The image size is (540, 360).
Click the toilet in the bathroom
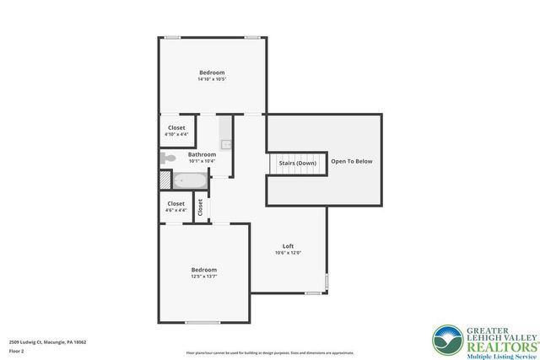(167, 158)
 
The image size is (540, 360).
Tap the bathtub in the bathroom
(190, 180)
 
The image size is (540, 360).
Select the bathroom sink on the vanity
(226, 143)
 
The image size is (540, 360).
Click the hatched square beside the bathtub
(165, 180)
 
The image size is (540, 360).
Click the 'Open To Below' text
(351, 161)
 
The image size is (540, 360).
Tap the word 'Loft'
(288, 246)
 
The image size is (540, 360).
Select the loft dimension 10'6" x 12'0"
(288, 253)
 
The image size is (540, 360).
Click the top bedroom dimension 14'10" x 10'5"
(212, 79)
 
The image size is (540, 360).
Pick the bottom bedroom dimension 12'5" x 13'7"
(203, 276)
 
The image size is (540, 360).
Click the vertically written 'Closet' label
(200, 207)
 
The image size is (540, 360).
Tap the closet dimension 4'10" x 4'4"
(176, 134)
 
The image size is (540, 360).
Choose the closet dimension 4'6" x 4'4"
(175, 210)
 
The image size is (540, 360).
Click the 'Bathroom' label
(202, 154)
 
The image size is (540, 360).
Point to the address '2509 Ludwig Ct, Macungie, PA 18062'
(48, 342)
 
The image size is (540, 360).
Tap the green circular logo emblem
(446, 340)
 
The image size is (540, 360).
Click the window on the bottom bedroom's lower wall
(202, 323)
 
